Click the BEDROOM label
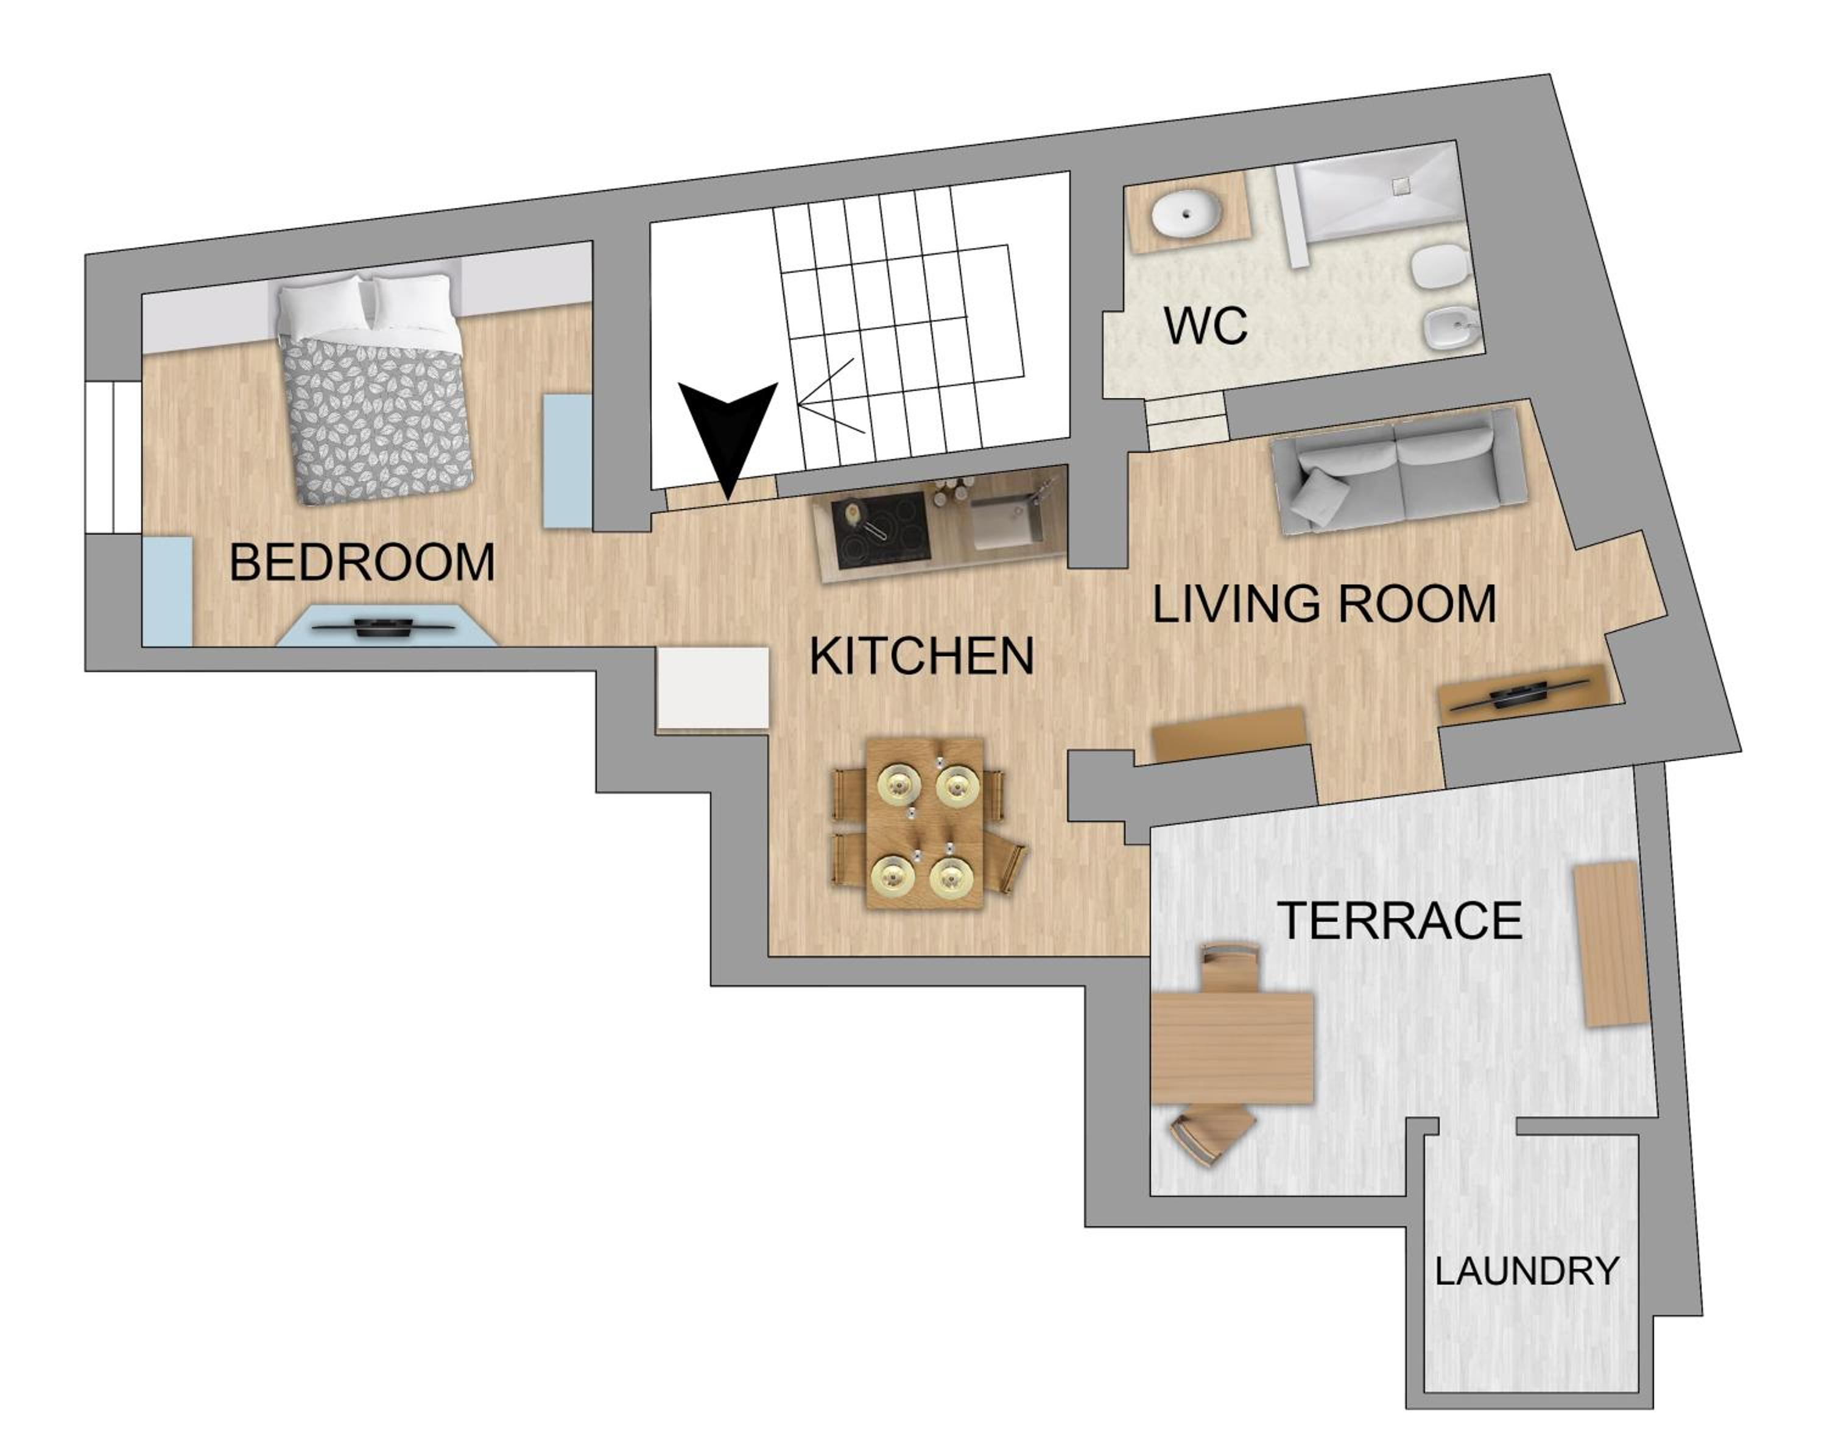[x=362, y=562]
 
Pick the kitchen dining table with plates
[x=924, y=823]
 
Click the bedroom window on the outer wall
[x=113, y=458]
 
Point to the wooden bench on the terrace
[x=1611, y=944]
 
